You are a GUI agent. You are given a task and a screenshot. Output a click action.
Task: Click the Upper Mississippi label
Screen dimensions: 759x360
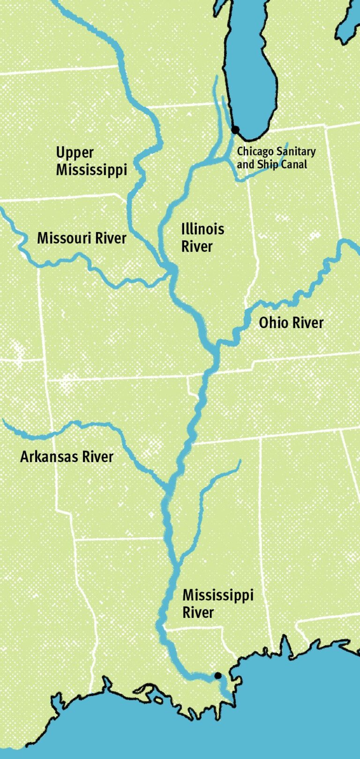[x=91, y=161]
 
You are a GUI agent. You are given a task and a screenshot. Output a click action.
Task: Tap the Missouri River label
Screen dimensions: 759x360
[x=82, y=238]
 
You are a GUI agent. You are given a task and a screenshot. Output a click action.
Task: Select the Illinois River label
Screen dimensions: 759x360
[x=202, y=238]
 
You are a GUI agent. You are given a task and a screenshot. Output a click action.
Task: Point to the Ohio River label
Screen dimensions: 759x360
[x=291, y=323]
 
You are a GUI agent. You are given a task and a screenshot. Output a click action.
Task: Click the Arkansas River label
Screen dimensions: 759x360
[x=67, y=457]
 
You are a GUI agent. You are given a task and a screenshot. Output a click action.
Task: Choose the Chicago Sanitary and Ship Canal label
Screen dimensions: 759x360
[x=276, y=158]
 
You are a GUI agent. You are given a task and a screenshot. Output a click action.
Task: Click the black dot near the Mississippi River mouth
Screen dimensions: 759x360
[x=217, y=676]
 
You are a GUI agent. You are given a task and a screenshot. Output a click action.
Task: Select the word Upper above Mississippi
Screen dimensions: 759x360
[x=75, y=153]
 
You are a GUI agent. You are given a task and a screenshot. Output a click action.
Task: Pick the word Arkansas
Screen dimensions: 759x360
[x=49, y=457]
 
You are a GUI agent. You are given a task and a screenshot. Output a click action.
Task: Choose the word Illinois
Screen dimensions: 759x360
[x=202, y=229]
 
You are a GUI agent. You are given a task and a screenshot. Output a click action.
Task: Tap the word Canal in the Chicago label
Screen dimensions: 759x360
[x=294, y=165]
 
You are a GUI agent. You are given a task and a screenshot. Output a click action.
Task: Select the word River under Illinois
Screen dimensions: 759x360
[x=197, y=247]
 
